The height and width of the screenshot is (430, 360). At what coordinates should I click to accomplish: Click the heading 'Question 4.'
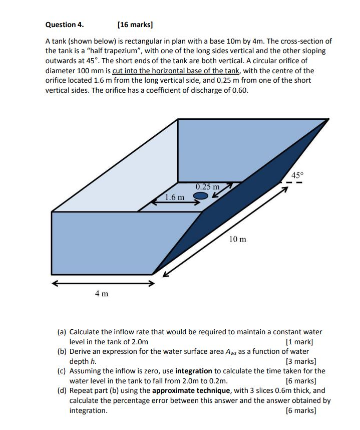[x=65, y=24]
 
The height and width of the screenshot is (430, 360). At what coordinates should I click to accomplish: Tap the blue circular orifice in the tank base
[x=200, y=196]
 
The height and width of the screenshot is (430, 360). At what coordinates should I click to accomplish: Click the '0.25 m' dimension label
[x=207, y=187]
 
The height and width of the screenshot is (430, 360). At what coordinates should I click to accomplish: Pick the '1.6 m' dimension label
[x=174, y=197]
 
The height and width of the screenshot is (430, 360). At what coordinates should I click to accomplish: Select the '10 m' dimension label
[x=237, y=239]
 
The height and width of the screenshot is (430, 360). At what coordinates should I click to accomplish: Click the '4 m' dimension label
[x=102, y=293]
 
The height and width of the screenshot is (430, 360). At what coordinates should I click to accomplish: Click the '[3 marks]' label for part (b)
[x=300, y=361]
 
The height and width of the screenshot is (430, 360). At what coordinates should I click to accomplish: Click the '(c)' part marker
[x=62, y=371]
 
